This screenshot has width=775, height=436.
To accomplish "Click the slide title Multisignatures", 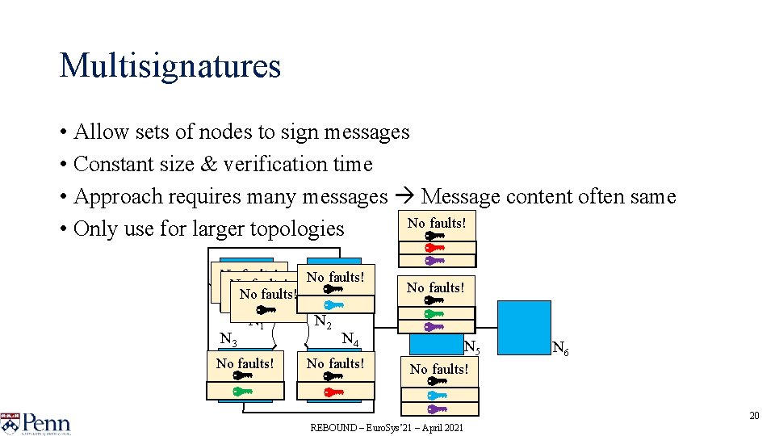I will click(170, 66).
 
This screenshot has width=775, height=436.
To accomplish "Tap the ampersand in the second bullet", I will click(208, 164).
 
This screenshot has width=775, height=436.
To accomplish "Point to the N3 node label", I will click(228, 337).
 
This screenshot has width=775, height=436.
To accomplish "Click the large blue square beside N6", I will click(524, 327).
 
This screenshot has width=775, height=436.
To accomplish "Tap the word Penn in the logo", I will click(46, 422).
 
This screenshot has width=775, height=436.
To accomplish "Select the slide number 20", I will click(754, 416).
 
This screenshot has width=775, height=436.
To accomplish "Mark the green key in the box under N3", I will click(243, 391).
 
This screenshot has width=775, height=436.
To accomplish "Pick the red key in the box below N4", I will click(333, 391).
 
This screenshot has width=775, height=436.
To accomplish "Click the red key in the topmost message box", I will click(435, 248).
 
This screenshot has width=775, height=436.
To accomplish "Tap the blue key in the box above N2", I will click(333, 304).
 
